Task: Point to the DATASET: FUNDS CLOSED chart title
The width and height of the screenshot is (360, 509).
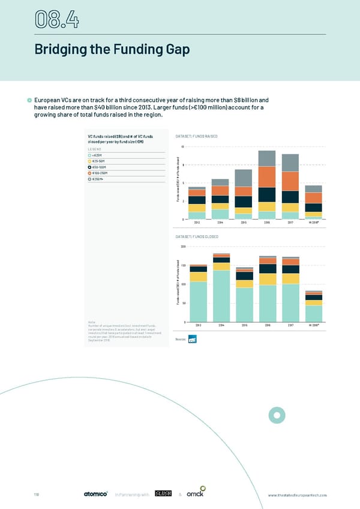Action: (197, 237)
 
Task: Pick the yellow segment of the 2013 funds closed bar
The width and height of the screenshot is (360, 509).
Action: (197, 277)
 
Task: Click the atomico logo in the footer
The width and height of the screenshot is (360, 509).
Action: (95, 494)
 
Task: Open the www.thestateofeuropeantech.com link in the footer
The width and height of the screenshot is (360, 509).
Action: (298, 495)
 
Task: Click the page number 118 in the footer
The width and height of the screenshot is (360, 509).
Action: (36, 495)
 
